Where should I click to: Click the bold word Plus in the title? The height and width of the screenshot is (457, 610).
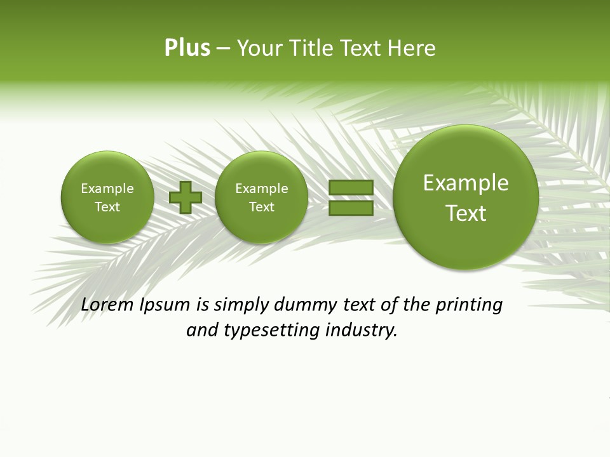pyautogui.click(x=187, y=48)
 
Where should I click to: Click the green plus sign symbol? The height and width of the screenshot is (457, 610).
pyautogui.click(x=186, y=197)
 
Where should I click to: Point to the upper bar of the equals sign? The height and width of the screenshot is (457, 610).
pyautogui.click(x=351, y=188)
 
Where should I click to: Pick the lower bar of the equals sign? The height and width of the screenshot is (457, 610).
pyautogui.click(x=351, y=208)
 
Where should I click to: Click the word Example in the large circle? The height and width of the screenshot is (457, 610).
pyautogui.click(x=466, y=183)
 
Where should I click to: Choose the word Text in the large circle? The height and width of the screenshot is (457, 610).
pyautogui.click(x=466, y=213)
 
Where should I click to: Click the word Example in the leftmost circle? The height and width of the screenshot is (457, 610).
pyautogui.click(x=107, y=189)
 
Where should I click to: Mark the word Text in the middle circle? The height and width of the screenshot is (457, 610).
pyautogui.click(x=261, y=207)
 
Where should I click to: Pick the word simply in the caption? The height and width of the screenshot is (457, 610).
pyautogui.click(x=242, y=305)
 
